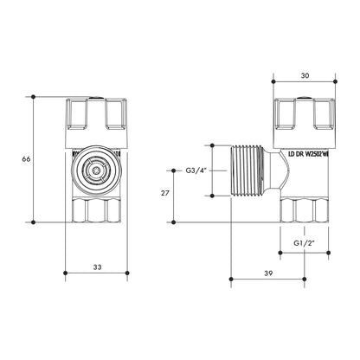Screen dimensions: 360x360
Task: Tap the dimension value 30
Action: (304, 74)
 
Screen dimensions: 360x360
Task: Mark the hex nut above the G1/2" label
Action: (304, 210)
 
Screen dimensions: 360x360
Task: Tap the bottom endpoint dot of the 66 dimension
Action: (34, 222)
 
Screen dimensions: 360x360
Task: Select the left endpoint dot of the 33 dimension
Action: (67, 277)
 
